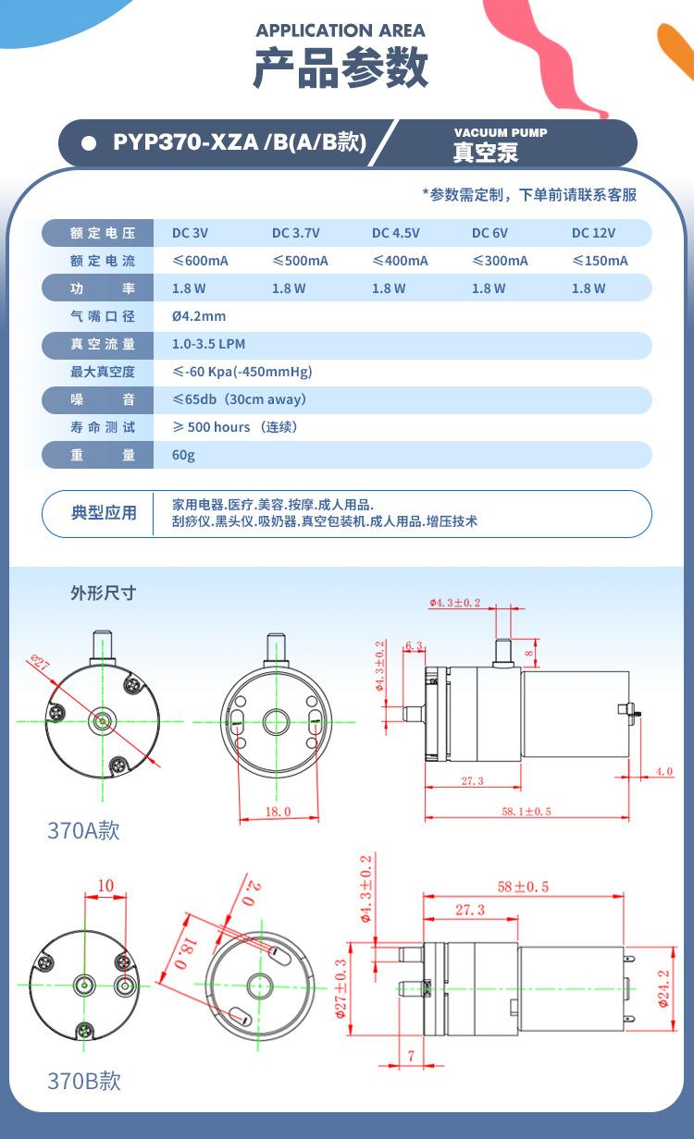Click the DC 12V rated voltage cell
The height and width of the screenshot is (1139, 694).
pyautogui.click(x=593, y=233)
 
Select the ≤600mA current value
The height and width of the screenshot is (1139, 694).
pyautogui.click(x=200, y=261)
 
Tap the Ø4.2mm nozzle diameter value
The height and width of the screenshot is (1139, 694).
pyautogui.click(x=199, y=316)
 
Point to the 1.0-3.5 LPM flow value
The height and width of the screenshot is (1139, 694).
pyautogui.click(x=208, y=344)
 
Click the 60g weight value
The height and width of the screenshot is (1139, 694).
pyautogui.click(x=183, y=455)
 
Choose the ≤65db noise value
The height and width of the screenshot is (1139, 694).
pyautogui.click(x=239, y=399)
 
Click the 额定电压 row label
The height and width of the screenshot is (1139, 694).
pyautogui.click(x=103, y=233)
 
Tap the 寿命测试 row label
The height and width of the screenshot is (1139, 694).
pyautogui.click(x=103, y=427)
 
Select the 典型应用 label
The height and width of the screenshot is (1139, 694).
pyautogui.click(x=104, y=513)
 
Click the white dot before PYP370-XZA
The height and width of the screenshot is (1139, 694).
pyautogui.click(x=89, y=143)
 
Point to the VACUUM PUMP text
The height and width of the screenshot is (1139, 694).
pyautogui.click(x=501, y=132)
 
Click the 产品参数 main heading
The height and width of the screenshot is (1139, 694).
pyautogui.click(x=341, y=67)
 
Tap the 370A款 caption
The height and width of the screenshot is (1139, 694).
pyautogui.click(x=83, y=830)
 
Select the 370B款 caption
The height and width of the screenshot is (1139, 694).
pyautogui.click(x=84, y=1080)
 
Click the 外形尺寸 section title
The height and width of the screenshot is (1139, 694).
pyautogui.click(x=103, y=593)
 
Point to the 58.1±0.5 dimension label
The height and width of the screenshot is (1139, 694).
pyautogui.click(x=526, y=811)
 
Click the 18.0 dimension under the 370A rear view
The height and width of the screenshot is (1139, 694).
pyautogui.click(x=278, y=811)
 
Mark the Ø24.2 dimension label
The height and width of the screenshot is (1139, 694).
pyautogui.click(x=663, y=988)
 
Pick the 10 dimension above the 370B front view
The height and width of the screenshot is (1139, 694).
pyautogui.click(x=105, y=886)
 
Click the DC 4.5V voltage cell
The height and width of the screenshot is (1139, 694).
pyautogui.click(x=395, y=233)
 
